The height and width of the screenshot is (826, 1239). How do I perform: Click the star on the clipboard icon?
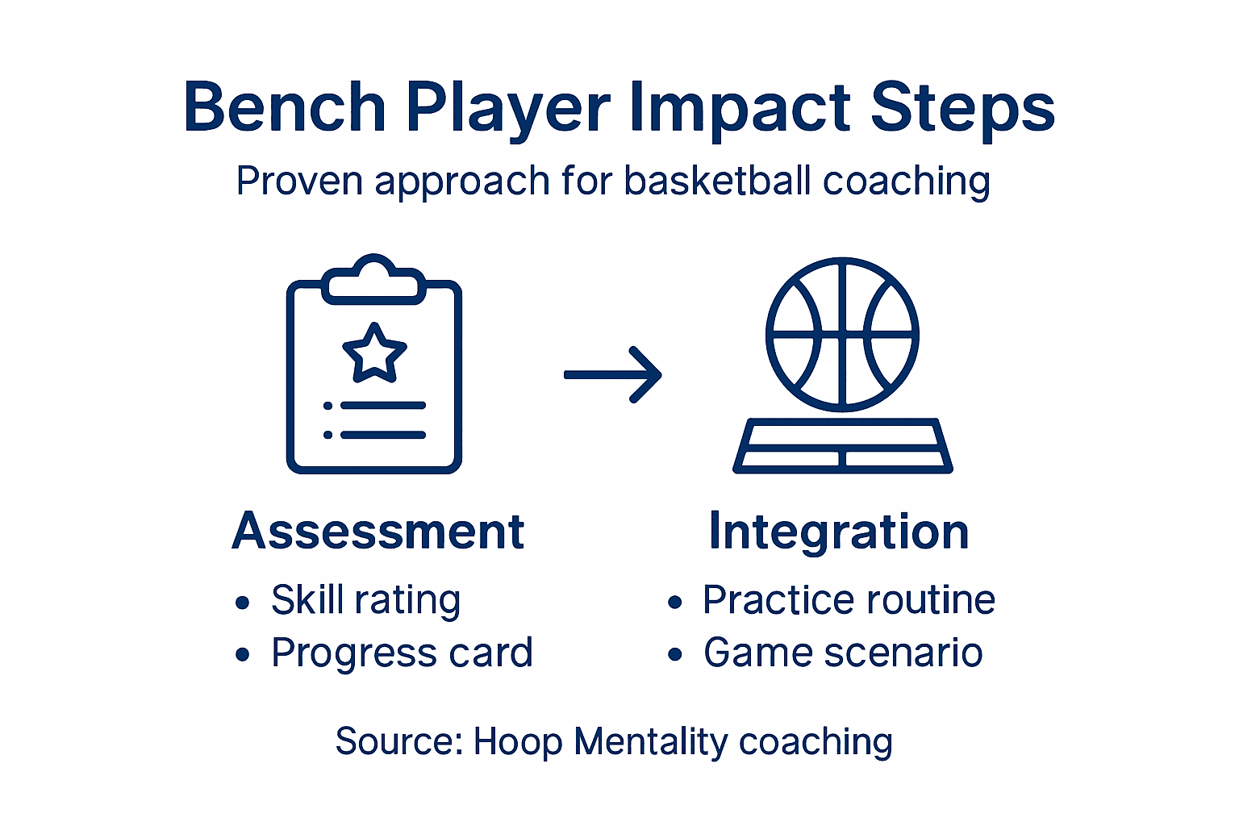374,353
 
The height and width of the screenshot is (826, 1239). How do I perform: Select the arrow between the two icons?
613,374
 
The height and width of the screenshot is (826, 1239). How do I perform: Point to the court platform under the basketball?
843,445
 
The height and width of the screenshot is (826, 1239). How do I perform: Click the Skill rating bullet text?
365,600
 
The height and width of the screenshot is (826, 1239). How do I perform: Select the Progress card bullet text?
402,653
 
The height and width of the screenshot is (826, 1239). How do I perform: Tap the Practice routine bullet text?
849,600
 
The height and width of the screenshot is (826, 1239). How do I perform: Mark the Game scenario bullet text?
843,653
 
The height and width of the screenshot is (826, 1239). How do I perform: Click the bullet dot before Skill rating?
242,603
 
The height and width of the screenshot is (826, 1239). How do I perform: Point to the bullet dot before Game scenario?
675,655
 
